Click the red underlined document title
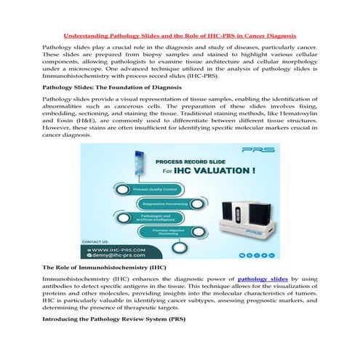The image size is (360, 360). pos(180,34)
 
